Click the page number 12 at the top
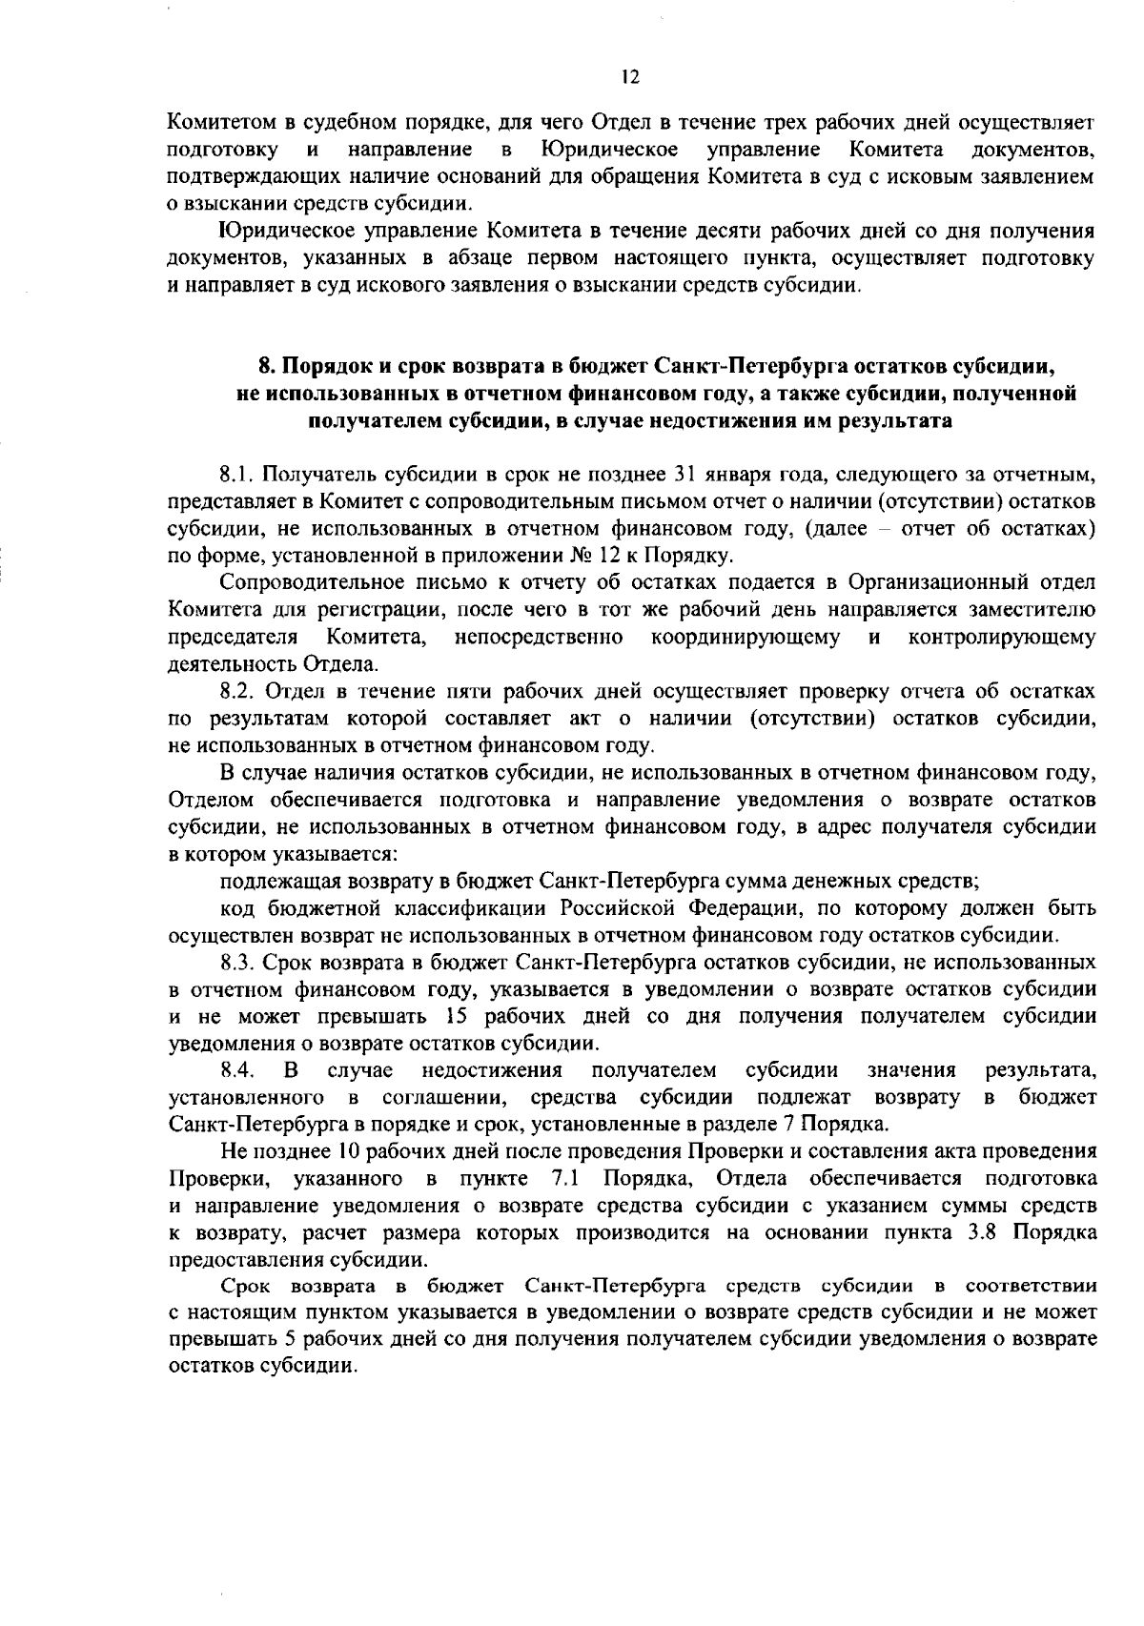point(627,78)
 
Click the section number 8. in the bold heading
point(268,367)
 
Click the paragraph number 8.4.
point(236,1070)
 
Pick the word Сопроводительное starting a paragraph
point(305,582)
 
